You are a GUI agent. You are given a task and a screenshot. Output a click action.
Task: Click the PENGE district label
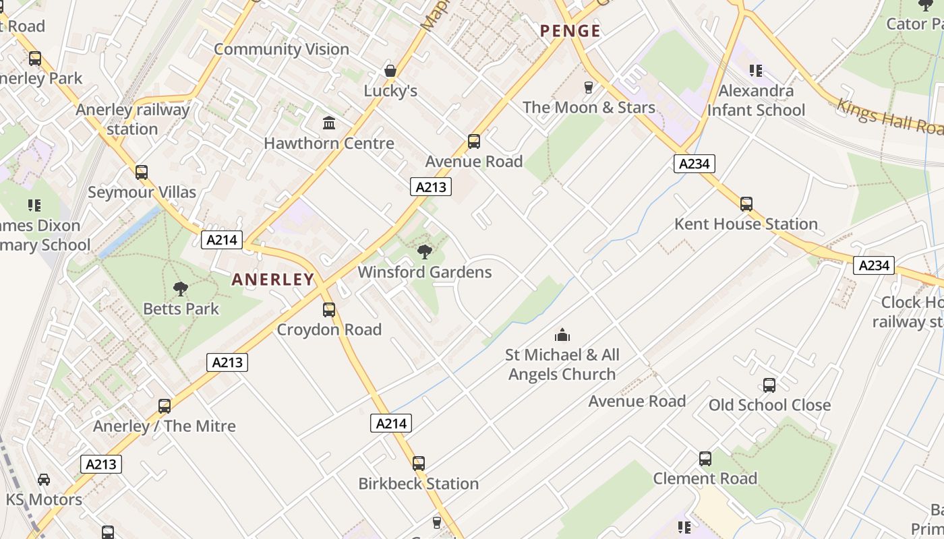[x=570, y=31]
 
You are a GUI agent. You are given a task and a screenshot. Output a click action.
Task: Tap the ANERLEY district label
[x=273, y=280]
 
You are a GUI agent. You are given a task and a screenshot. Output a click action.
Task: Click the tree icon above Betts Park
[x=181, y=289]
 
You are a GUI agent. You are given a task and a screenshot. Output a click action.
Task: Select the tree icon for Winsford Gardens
[x=425, y=252]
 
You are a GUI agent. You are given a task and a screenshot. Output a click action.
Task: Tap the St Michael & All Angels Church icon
[x=562, y=335]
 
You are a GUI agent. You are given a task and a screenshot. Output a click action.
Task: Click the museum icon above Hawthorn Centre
[x=329, y=123]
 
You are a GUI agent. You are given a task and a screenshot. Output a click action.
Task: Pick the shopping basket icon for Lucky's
[x=390, y=71]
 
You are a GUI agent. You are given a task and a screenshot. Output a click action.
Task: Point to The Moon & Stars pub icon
[x=589, y=87]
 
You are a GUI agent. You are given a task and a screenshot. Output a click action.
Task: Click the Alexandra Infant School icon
[x=756, y=70]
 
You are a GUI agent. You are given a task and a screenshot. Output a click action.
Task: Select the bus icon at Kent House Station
[x=746, y=203]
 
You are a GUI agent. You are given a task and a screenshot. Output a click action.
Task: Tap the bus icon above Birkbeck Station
[x=419, y=464]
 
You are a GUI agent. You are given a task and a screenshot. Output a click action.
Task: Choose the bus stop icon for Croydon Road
[x=329, y=310]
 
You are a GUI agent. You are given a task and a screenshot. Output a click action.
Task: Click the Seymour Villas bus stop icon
[x=142, y=172]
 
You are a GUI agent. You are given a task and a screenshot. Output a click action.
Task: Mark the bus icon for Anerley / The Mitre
[x=165, y=406]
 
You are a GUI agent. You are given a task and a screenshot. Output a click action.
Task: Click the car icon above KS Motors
[x=44, y=480]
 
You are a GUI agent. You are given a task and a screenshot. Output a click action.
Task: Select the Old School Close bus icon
[x=769, y=385]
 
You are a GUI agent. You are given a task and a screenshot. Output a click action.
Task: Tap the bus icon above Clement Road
[x=705, y=459]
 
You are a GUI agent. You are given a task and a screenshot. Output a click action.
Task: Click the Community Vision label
[x=281, y=49]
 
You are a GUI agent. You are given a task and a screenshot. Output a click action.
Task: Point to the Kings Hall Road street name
[x=889, y=117]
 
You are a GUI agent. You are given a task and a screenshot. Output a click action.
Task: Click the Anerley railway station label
[x=132, y=119]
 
